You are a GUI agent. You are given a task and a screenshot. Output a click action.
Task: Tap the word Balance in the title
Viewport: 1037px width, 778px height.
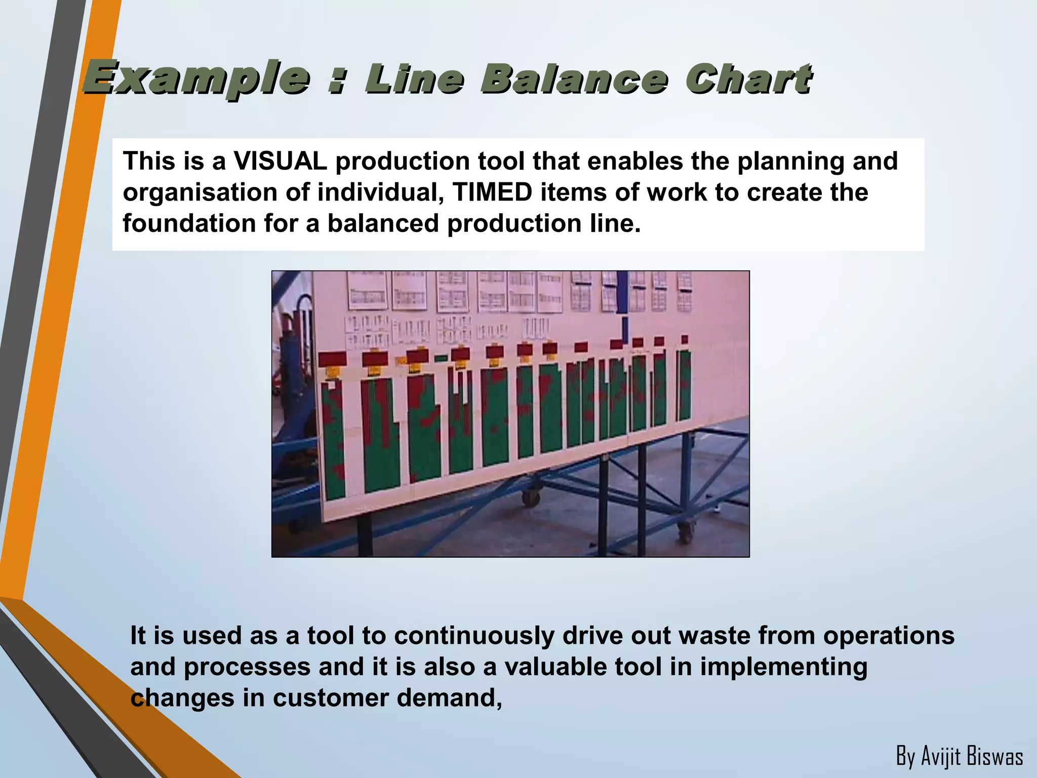point(574,80)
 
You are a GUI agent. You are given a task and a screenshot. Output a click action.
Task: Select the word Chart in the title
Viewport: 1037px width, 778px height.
point(748,80)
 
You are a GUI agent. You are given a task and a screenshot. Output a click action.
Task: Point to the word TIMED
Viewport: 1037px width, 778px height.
point(492,192)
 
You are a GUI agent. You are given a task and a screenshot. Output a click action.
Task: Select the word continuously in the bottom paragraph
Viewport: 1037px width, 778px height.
point(474,635)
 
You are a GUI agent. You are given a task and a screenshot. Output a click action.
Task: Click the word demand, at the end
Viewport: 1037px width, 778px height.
point(449,697)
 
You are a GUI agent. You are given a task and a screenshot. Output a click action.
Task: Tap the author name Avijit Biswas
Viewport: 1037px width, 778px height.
point(959,756)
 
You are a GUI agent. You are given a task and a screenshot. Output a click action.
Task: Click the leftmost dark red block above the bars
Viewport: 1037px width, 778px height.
point(333,359)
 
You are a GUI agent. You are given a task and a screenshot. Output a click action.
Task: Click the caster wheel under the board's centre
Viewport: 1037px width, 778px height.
point(531,497)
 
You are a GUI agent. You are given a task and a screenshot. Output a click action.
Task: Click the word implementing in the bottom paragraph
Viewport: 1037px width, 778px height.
point(783,667)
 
